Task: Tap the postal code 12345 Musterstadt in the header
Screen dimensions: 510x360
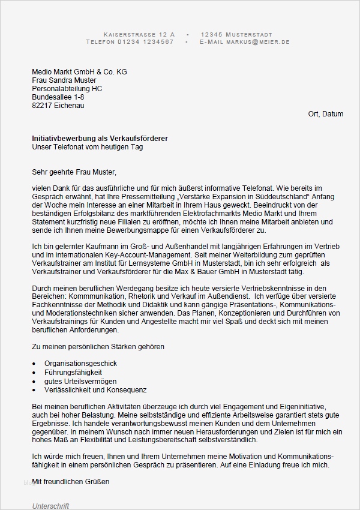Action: point(236,34)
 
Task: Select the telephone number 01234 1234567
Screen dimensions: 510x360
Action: point(146,42)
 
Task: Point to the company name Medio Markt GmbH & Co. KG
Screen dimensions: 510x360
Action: point(79,72)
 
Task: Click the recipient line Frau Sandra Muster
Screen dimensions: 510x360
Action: point(64,80)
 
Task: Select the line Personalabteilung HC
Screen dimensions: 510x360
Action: point(67,89)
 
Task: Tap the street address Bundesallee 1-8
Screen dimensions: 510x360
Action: point(58,97)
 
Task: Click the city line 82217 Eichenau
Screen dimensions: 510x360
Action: point(58,106)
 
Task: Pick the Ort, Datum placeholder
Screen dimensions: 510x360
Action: point(325,114)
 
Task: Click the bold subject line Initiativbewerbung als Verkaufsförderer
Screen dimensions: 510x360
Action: point(100,139)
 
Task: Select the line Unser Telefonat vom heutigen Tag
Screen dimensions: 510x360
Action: point(88,147)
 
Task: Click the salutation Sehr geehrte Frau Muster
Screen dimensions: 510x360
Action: point(73,172)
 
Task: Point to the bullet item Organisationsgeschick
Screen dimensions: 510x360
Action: point(80,364)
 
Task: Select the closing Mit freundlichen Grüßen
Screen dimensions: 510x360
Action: point(71,481)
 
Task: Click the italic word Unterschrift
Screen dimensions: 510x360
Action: point(50,506)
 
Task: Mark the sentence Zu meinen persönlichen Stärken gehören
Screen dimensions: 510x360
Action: point(98,347)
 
